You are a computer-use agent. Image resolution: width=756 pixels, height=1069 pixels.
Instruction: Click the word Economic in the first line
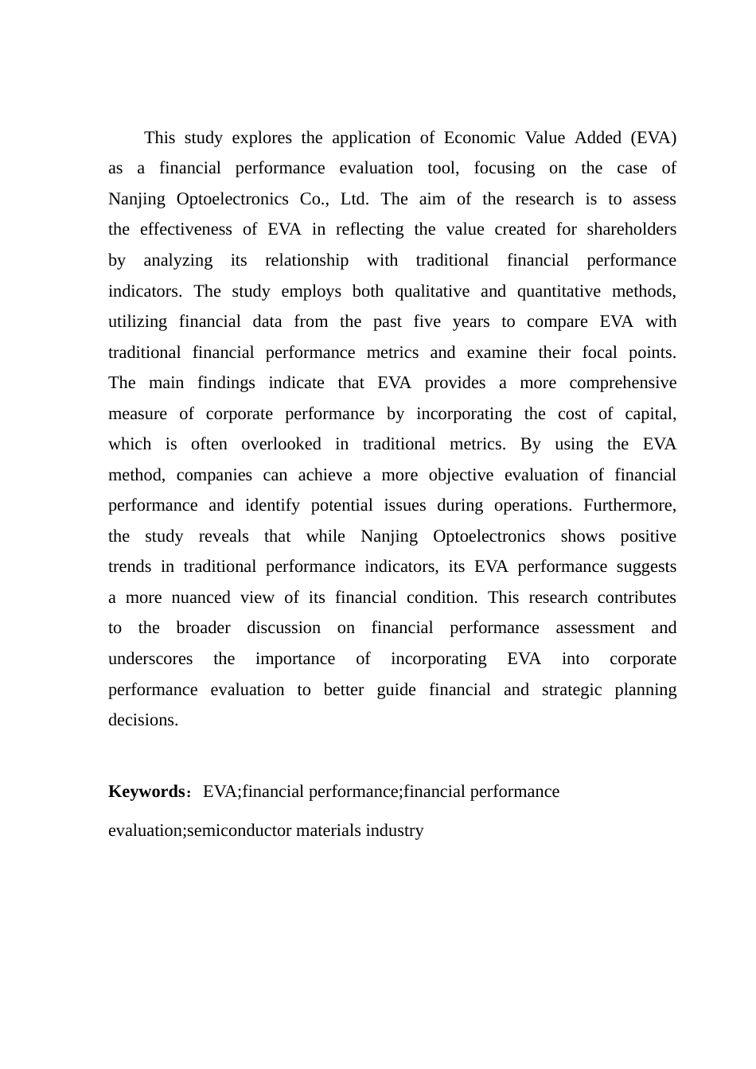(479, 138)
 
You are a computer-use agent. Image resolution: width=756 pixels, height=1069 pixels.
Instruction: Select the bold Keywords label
(146, 791)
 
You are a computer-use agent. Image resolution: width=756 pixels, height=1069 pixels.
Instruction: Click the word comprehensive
(622, 383)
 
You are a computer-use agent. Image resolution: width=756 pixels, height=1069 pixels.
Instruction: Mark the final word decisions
(142, 720)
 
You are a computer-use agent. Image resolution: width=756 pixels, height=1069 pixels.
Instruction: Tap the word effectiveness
(185, 229)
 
